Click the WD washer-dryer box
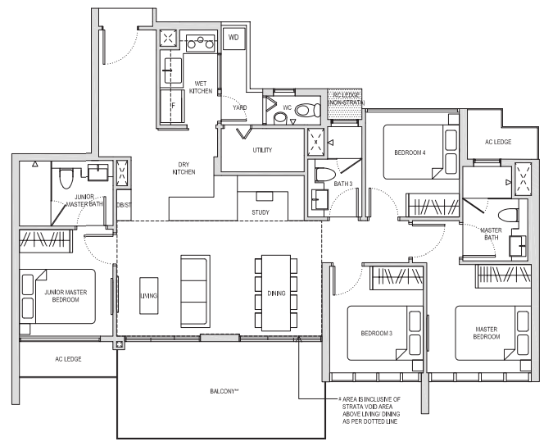233,38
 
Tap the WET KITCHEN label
201,88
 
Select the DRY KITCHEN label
184,168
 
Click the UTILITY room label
262,150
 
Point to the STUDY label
261,212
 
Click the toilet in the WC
307,110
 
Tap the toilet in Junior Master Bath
66,179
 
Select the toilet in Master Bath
508,215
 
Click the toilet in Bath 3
325,175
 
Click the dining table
276,294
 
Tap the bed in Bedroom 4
421,152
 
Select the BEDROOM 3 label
377,334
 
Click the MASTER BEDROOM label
487,333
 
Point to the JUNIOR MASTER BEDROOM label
66,296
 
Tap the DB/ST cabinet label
124,205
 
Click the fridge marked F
173,106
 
